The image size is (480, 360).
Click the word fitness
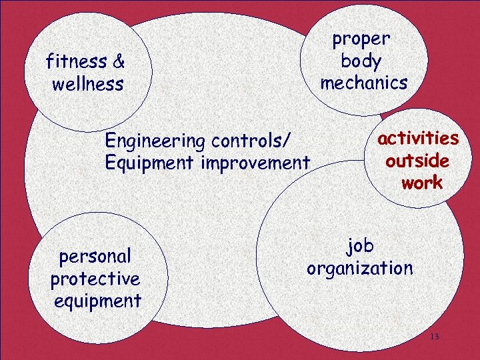point(75,62)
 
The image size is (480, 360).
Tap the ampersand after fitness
point(119,62)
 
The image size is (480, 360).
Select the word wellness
point(87,85)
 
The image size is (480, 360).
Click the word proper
point(361,39)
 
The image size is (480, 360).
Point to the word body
point(361,61)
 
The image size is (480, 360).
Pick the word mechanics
point(363,83)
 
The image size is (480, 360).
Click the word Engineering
point(155,141)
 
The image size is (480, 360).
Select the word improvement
point(257,163)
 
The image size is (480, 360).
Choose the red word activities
point(418,138)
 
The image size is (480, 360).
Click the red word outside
point(417,161)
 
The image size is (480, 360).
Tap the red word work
point(421,183)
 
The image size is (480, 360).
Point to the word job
point(360,247)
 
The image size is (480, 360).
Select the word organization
point(359,269)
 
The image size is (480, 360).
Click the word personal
point(95,257)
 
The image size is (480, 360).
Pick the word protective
point(95,279)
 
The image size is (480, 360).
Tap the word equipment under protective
point(97,301)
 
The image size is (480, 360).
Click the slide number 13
point(435,337)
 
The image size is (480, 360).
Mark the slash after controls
point(288,141)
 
